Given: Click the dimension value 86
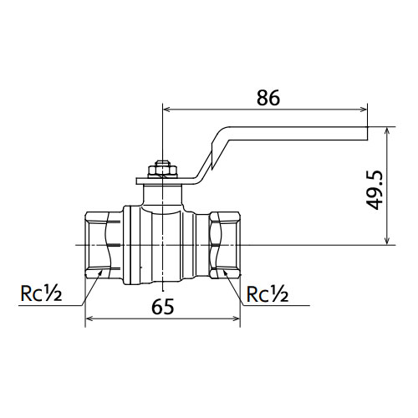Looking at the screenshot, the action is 268,98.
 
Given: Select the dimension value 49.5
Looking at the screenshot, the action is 374,190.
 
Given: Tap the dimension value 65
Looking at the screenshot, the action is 162,306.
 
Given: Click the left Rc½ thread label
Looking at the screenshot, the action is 41,293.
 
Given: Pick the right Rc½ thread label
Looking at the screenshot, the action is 268,293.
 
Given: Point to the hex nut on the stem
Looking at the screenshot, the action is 162,170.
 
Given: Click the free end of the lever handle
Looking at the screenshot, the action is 367,134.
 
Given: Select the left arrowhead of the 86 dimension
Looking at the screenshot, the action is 166,110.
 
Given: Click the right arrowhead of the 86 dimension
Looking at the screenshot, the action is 364,110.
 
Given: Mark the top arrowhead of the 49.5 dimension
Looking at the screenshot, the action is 386,131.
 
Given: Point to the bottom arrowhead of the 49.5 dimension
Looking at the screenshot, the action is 386,241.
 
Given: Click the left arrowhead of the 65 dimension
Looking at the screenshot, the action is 89,319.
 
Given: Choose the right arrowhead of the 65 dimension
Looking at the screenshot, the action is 236,319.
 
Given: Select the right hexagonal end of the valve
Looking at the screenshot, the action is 225,245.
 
